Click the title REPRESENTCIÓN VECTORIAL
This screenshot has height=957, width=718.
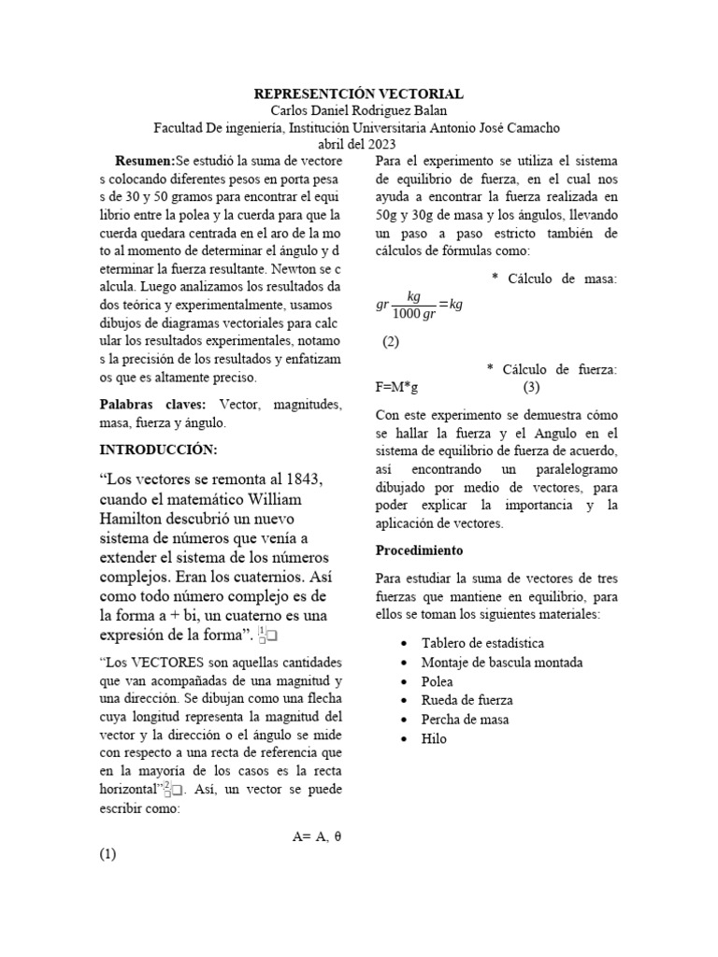[359, 95]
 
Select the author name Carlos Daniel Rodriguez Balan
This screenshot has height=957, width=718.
[359, 111]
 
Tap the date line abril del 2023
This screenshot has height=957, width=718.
[359, 144]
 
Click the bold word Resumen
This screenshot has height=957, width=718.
[144, 162]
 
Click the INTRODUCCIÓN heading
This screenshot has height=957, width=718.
[158, 450]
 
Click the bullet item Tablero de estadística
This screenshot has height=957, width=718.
[482, 644]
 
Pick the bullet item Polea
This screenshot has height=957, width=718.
[438, 681]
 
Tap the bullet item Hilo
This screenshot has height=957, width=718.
[435, 738]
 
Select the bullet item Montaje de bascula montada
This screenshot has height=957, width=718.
[502, 663]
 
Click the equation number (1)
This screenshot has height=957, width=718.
[108, 854]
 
